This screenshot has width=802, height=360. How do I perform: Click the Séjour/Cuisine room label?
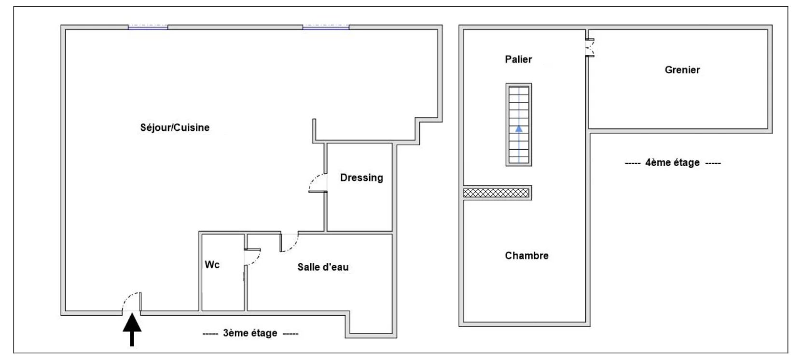175,127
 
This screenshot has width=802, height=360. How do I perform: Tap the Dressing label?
361,178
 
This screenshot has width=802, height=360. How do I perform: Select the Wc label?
212,265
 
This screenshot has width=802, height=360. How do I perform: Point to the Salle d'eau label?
323,267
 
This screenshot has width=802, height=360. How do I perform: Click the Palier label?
518,59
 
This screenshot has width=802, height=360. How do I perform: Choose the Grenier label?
682,70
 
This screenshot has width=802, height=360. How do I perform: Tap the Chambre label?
526,256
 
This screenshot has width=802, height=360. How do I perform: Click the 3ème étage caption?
250,333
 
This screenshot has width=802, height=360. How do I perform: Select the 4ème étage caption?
673,163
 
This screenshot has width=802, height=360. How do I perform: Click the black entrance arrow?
132,330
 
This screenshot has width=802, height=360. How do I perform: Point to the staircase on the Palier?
519,125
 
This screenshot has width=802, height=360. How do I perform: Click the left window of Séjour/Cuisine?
148,27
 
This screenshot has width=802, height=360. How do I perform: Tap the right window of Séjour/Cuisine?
326,27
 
